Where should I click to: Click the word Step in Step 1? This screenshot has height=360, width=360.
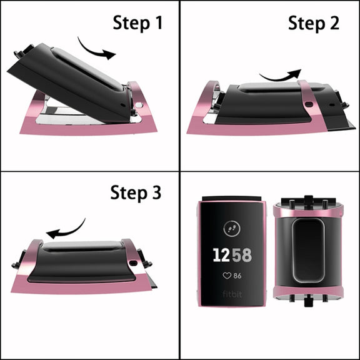click(x=131, y=23)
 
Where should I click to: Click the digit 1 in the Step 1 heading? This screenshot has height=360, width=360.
click(x=159, y=22)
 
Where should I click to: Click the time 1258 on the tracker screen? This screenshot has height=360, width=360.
click(x=232, y=255)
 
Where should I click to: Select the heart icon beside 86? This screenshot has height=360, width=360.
click(x=227, y=276)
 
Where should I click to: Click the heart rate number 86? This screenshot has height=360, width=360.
click(x=237, y=276)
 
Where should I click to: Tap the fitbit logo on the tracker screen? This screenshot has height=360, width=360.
click(x=232, y=294)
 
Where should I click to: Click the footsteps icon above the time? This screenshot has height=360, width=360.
click(x=232, y=229)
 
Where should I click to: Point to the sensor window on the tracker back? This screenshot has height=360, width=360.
click(x=308, y=250)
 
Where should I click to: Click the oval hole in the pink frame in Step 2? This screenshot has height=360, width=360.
click(x=309, y=104)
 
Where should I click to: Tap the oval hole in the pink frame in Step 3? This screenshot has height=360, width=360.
click(x=133, y=262)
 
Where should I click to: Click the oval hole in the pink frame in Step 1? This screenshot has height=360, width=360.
click(x=139, y=105)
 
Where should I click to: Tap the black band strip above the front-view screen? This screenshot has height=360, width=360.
click(x=231, y=198)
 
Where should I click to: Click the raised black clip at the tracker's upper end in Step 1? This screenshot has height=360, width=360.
click(x=24, y=51)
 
